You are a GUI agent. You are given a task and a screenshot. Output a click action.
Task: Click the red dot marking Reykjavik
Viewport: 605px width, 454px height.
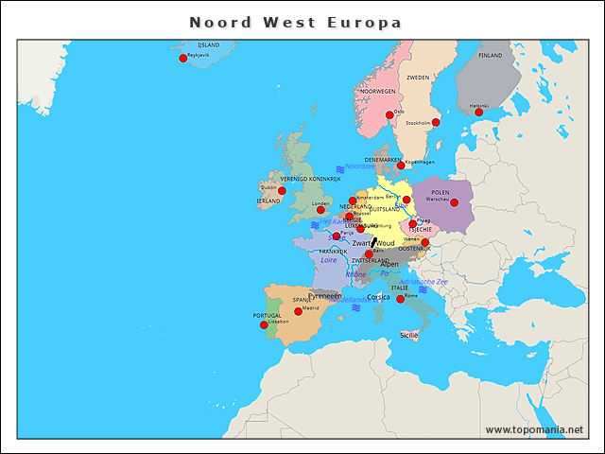(183, 59)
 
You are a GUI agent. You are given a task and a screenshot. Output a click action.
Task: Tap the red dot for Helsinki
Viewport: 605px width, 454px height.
(478, 113)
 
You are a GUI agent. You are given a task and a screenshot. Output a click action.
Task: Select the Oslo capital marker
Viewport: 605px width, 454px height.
(389, 114)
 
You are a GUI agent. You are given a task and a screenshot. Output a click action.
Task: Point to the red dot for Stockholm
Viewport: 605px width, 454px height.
(436, 122)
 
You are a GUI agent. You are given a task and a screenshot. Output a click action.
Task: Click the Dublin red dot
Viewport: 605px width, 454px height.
(282, 191)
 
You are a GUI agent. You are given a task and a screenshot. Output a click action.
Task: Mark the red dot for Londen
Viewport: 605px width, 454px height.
(320, 210)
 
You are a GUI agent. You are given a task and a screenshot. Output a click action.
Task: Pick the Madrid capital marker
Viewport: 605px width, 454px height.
(299, 311)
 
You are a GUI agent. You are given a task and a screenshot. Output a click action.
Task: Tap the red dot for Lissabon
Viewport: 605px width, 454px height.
(265, 325)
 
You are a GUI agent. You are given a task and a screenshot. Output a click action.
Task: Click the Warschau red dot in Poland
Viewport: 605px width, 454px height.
(454, 202)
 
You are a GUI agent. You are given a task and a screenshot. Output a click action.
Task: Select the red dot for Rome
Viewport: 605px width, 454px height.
(400, 300)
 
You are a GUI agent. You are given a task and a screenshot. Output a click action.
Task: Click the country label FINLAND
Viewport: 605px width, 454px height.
(491, 56)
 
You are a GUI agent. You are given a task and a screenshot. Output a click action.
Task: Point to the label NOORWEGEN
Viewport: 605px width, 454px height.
(378, 92)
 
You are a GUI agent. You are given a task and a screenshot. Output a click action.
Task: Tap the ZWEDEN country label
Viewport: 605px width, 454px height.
(418, 78)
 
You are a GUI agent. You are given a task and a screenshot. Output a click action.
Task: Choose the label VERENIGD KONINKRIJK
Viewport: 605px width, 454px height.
(310, 179)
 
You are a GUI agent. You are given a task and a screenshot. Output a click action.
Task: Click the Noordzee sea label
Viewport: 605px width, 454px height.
(360, 166)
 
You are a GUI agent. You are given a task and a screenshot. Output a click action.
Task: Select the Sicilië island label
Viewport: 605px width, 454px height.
(408, 335)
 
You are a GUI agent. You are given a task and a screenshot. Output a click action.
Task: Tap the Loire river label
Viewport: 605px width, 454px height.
(329, 259)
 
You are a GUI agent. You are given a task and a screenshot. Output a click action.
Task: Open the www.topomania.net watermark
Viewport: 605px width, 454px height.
(534, 429)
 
